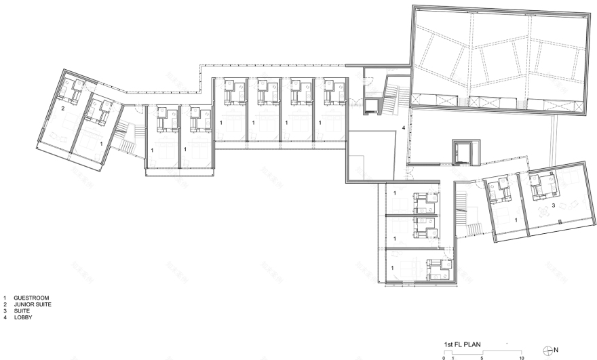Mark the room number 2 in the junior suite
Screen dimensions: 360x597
pyautogui.click(x=63, y=108)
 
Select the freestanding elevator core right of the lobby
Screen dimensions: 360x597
pyautogui.click(x=465, y=153)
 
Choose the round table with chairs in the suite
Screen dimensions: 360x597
pyautogui.click(x=544, y=211)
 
